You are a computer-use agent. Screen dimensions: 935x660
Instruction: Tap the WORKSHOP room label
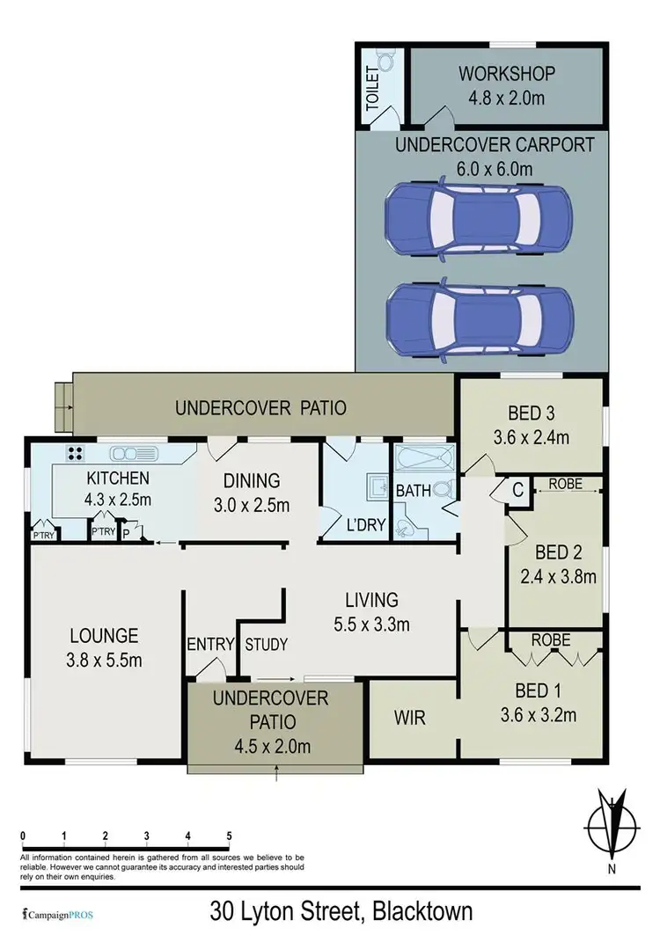point(502,73)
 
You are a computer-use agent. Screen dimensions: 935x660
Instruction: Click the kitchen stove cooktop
point(75,455)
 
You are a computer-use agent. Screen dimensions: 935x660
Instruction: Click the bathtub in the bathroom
point(422,458)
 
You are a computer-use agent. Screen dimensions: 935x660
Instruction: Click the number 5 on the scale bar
point(229,836)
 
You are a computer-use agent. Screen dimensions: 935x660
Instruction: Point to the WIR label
point(409,718)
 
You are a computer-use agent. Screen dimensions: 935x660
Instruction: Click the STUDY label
point(266,645)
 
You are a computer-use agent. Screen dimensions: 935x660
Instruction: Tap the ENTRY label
point(210,645)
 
